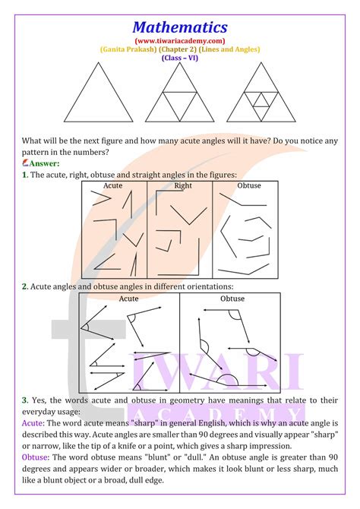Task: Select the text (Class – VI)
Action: pyautogui.click(x=179, y=57)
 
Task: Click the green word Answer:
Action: pyautogui.click(x=43, y=163)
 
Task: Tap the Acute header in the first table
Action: pyautogui.click(x=113, y=186)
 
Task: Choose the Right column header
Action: pyautogui.click(x=182, y=186)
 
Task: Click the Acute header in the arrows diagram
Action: pyautogui.click(x=129, y=299)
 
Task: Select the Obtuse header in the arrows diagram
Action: pyautogui.click(x=232, y=299)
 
